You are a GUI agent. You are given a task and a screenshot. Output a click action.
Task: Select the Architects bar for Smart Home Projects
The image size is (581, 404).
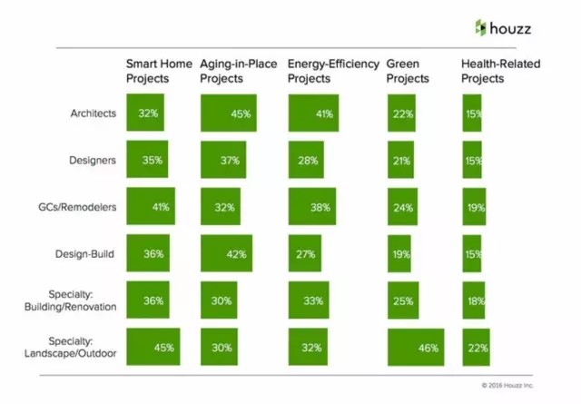click(146, 114)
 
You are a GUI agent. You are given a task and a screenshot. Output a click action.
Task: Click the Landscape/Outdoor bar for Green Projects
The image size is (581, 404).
click(415, 347)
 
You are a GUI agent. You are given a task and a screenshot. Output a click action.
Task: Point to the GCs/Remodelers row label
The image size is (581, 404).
click(81, 207)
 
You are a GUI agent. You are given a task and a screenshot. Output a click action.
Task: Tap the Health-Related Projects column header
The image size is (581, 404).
click(495, 71)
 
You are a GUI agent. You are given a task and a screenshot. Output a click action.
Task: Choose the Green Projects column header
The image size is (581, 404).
click(409, 71)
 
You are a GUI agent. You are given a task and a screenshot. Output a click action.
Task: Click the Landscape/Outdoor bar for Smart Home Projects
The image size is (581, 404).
click(153, 347)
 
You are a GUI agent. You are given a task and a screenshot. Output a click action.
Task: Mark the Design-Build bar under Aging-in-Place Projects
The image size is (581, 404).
click(226, 254)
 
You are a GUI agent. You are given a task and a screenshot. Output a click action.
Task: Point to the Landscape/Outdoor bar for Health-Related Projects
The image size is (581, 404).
click(476, 347)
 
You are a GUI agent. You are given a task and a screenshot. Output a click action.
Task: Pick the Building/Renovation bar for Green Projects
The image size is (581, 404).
click(402, 300)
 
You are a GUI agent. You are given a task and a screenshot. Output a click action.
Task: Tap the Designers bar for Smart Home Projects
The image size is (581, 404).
click(147, 161)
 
